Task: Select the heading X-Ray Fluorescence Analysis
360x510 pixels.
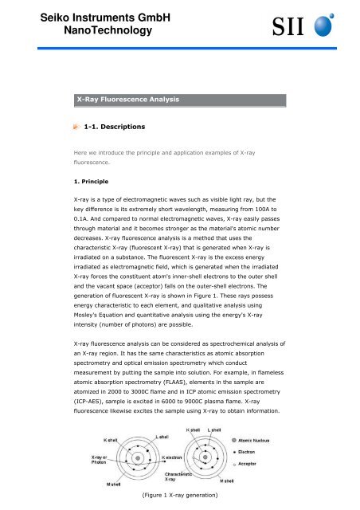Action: (127, 100)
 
